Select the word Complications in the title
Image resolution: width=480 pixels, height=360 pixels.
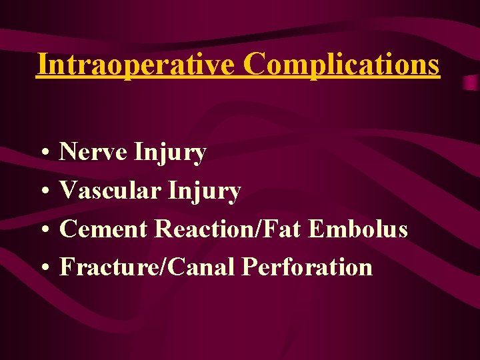[x=341, y=65]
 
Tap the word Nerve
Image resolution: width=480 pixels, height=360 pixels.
[x=93, y=153]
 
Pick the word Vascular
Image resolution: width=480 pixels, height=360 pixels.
[x=110, y=191]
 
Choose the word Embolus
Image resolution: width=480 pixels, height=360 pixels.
[x=358, y=229]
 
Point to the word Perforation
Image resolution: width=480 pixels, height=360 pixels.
[x=307, y=267]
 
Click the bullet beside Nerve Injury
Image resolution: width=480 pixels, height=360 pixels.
[x=42, y=154]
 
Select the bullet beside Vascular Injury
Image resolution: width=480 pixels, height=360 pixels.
[x=42, y=193]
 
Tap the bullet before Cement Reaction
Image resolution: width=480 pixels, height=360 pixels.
[x=42, y=231]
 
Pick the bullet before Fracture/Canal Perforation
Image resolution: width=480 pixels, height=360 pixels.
[x=42, y=269]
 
